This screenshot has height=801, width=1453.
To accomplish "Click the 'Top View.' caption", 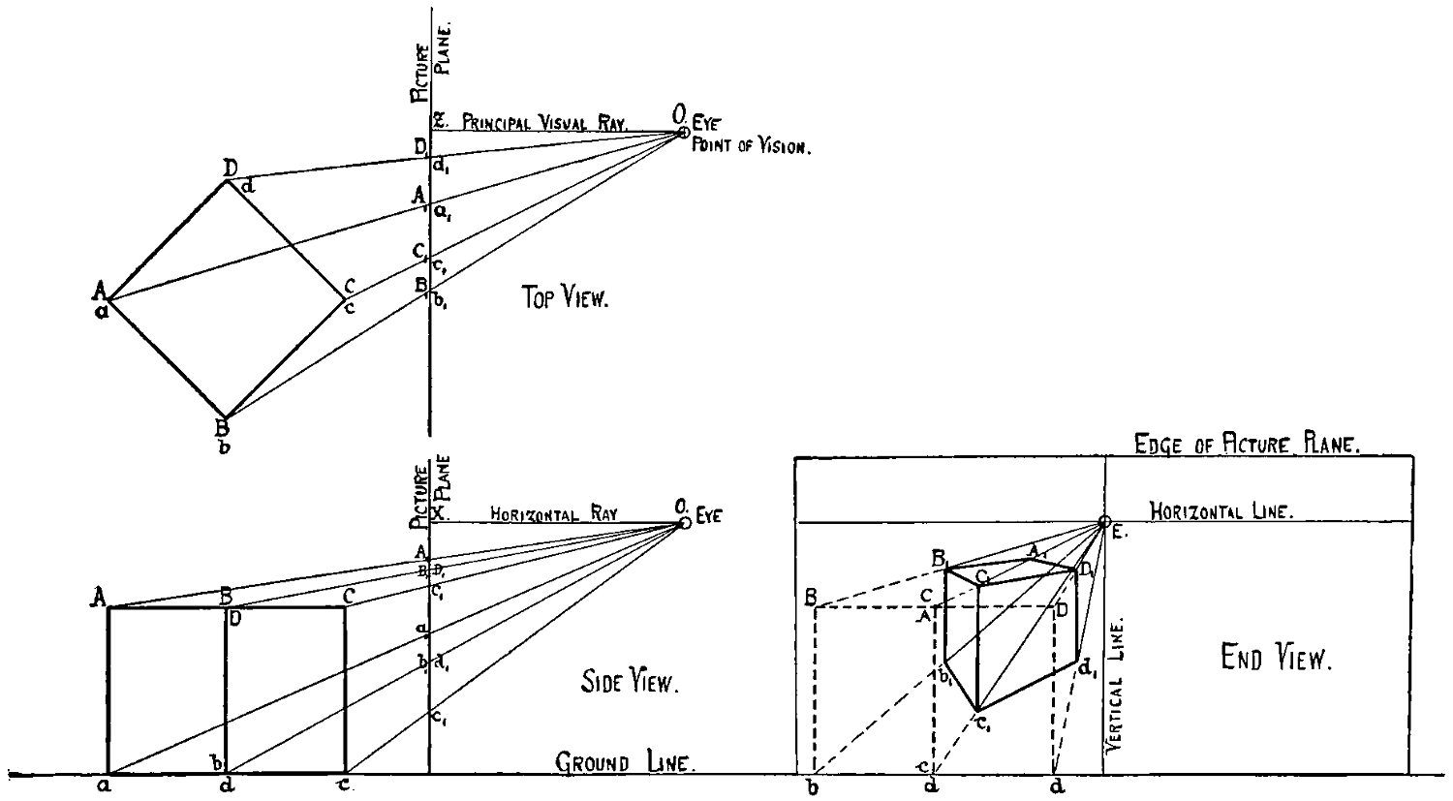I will pyautogui.click(x=566, y=300).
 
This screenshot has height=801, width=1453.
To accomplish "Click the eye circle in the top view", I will pyautogui.click(x=684, y=132).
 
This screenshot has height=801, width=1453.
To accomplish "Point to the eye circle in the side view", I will pyautogui.click(x=684, y=522).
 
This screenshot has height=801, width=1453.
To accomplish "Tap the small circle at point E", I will pyautogui.click(x=1104, y=522).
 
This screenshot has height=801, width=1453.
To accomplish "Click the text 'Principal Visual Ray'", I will pyautogui.click(x=544, y=123).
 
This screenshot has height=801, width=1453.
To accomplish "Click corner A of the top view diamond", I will pyautogui.click(x=108, y=299).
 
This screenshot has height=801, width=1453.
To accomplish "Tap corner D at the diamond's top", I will pyautogui.click(x=228, y=181).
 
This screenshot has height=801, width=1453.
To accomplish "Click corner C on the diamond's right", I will pyautogui.click(x=345, y=298).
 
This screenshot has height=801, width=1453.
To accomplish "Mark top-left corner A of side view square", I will pyautogui.click(x=108, y=607).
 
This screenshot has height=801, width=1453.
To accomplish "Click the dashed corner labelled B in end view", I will pyautogui.click(x=816, y=607).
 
